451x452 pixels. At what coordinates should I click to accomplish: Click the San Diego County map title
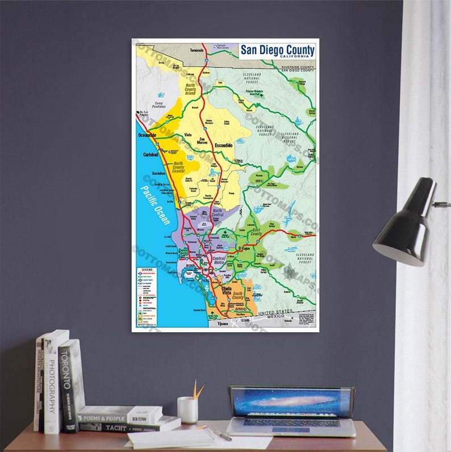pos(277,50)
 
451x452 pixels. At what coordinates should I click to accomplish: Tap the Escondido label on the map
pos(223,145)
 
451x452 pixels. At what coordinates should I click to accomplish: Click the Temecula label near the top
pos(196,50)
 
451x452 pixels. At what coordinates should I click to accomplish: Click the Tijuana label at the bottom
pos(222,324)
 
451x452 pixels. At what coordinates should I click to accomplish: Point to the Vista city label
pos(188,135)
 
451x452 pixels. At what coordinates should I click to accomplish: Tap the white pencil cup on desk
pos(187,409)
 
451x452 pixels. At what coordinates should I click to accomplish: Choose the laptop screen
pos(291,402)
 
